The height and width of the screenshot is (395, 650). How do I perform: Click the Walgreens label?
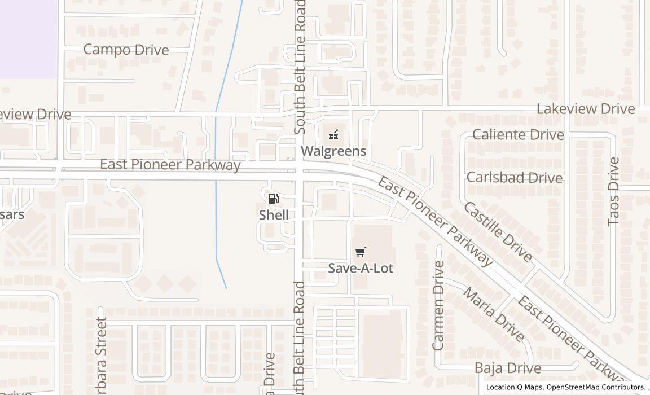[x=333, y=151]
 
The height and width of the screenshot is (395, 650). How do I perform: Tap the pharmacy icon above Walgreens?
[x=333, y=135]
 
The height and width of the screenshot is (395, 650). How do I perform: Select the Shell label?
[x=274, y=215]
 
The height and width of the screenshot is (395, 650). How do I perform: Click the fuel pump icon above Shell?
[x=274, y=198]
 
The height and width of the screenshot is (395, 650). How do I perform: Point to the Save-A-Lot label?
[x=361, y=268]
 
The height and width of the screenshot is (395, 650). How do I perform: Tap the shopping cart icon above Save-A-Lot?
[x=361, y=252]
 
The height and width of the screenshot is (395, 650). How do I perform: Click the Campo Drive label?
[x=126, y=50]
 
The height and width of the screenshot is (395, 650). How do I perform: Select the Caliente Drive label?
[x=517, y=135]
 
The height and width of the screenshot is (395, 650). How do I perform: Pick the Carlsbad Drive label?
[x=514, y=178]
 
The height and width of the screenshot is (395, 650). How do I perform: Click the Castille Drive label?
[x=497, y=231]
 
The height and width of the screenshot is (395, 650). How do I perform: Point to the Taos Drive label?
[x=613, y=192]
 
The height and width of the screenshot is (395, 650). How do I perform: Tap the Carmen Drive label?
[x=438, y=305]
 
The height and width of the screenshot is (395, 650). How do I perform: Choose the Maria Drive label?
[x=493, y=314]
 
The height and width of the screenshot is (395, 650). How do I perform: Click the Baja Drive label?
[x=507, y=368]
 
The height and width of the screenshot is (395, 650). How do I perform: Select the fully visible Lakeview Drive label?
[x=585, y=109]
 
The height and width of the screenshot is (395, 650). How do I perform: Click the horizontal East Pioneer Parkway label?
[x=170, y=165]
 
